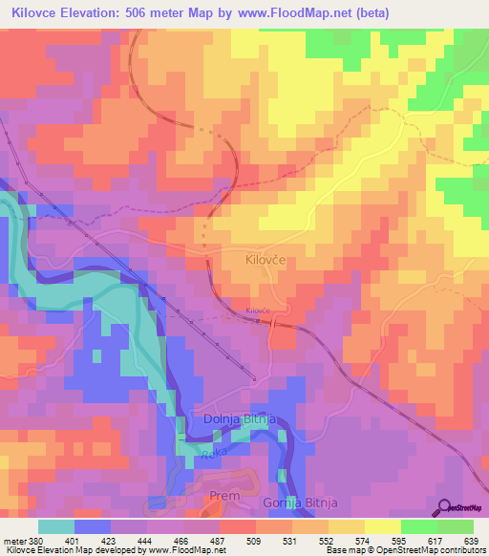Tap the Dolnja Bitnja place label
[240, 418]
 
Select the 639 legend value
[469, 540]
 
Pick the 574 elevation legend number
[360, 540]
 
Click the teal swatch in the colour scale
[56, 526]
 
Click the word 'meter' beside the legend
[12, 540]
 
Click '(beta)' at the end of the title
[367, 12]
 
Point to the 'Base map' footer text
[343, 550]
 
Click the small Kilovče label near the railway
[259, 311]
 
